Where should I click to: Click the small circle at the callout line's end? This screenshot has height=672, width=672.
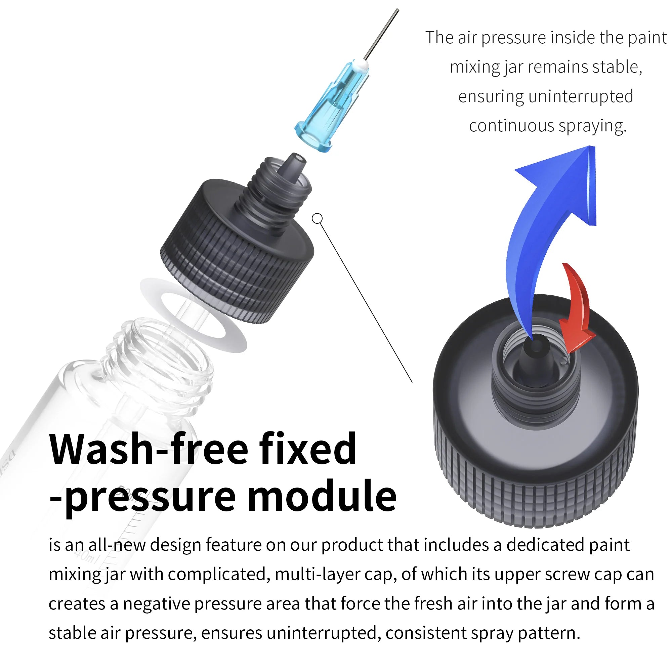click(317, 218)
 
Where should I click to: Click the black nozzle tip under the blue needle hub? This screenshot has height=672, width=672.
click(296, 165)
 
